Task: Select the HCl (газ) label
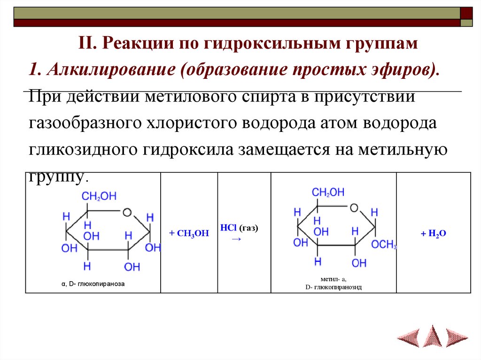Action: [240, 228]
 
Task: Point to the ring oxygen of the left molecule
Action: [126, 212]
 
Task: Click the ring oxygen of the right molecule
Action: [354, 208]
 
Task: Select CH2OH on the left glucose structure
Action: [99, 197]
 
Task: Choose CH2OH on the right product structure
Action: [328, 192]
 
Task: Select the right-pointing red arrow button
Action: [456, 336]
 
